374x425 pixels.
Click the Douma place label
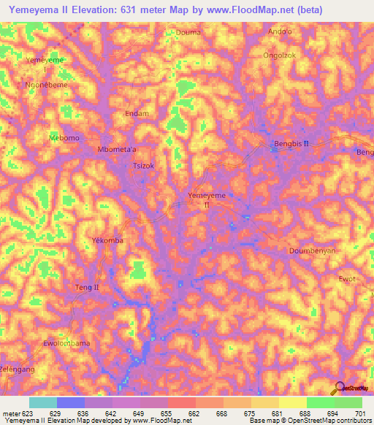pos(188,32)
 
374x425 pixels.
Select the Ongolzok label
pos(280,54)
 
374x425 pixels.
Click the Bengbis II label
pos(291,144)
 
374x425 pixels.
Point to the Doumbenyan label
pos(311,250)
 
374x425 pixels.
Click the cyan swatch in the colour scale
pos(42,402)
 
